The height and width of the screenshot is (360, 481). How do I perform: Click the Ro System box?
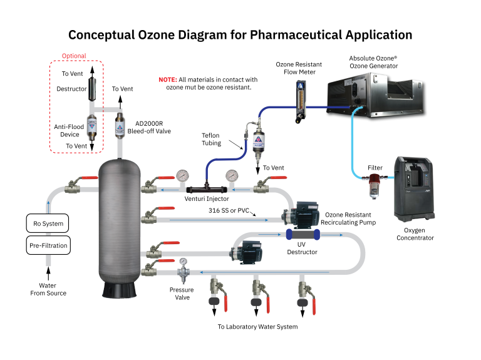point(48,223)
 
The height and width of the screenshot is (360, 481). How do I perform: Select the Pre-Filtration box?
point(48,245)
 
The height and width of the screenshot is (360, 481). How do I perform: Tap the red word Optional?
point(74,56)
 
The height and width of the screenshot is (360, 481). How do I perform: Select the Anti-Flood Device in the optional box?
point(92,128)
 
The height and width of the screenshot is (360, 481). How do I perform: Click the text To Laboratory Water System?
point(257,327)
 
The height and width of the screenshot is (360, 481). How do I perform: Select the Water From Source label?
point(48,289)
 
